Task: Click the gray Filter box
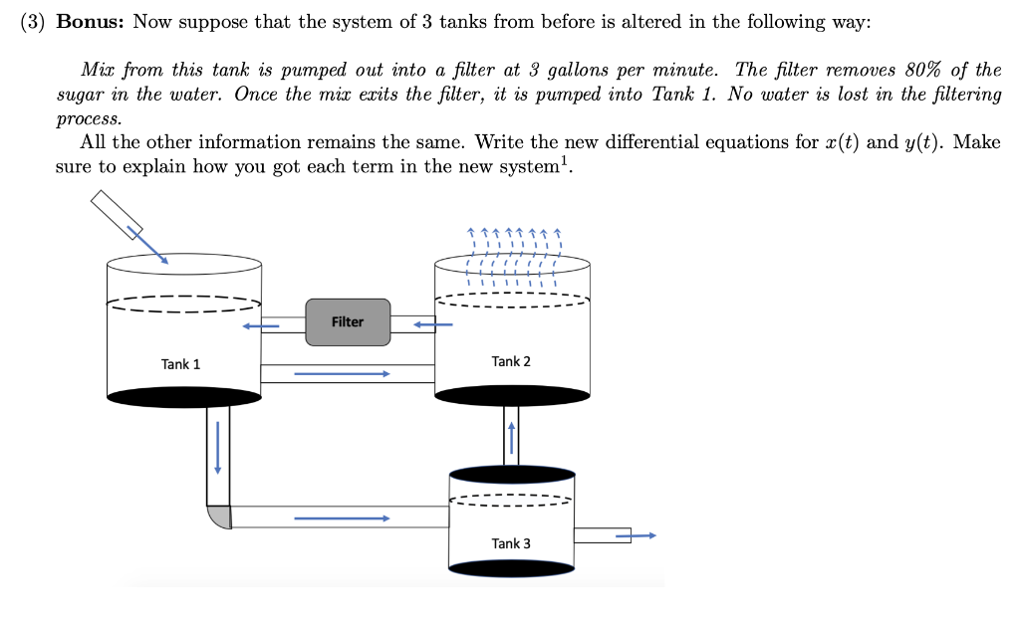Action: pyautogui.click(x=348, y=321)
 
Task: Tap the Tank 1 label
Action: pyautogui.click(x=180, y=364)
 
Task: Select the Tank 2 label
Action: pyautogui.click(x=511, y=361)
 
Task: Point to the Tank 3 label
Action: pyautogui.click(x=511, y=543)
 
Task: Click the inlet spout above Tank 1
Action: pyautogui.click(x=117, y=213)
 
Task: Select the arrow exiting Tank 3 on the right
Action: pyautogui.click(x=637, y=535)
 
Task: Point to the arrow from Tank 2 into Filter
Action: pyautogui.click(x=433, y=323)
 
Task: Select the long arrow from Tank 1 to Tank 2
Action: pyautogui.click(x=341, y=374)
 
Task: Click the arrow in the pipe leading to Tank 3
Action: pyautogui.click(x=341, y=517)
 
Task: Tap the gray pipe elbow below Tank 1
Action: pyautogui.click(x=219, y=517)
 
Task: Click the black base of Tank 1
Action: pyautogui.click(x=183, y=398)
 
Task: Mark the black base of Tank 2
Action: pyautogui.click(x=513, y=395)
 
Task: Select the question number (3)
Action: pyautogui.click(x=33, y=22)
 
